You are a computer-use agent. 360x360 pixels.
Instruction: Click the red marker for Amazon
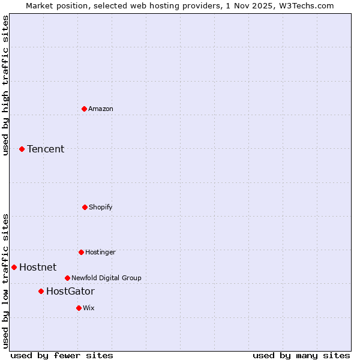pos(84,109)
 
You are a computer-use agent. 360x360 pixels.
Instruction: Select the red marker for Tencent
pos(22,149)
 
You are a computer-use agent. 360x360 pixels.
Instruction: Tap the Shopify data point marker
pos(85,207)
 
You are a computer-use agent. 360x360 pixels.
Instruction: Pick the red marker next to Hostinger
pos(81,252)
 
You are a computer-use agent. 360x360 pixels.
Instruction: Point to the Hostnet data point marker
pos(14,267)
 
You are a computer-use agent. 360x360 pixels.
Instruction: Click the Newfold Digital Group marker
pos(67,278)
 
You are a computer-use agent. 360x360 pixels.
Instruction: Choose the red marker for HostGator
pos(41,291)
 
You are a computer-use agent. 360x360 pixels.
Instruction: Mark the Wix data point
pos(79,308)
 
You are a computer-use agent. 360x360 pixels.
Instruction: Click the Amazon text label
pos(101,109)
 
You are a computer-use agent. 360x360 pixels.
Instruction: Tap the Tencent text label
pos(46,149)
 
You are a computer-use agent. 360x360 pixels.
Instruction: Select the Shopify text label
pos(101,207)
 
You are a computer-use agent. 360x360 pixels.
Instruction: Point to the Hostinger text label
pos(100,252)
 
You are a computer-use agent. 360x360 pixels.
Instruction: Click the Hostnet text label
pos(38,267)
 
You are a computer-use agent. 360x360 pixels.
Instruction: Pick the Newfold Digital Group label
pos(106,278)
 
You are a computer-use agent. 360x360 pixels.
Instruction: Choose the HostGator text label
pos(70,291)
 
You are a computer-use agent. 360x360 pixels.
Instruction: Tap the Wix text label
pos(89,308)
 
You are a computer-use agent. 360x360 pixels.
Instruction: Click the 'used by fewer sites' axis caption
pos(62,355)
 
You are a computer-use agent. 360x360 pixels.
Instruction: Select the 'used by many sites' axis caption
pos(301,355)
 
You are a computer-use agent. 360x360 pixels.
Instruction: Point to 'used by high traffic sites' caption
pos(5,85)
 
